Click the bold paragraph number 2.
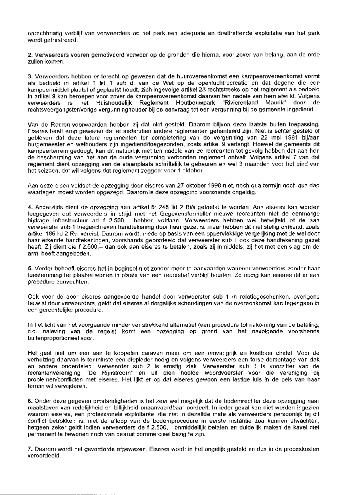[x=30, y=54]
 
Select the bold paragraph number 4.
[x=30, y=208]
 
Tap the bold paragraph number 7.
[x=30, y=448]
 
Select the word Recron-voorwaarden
[x=66, y=125]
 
